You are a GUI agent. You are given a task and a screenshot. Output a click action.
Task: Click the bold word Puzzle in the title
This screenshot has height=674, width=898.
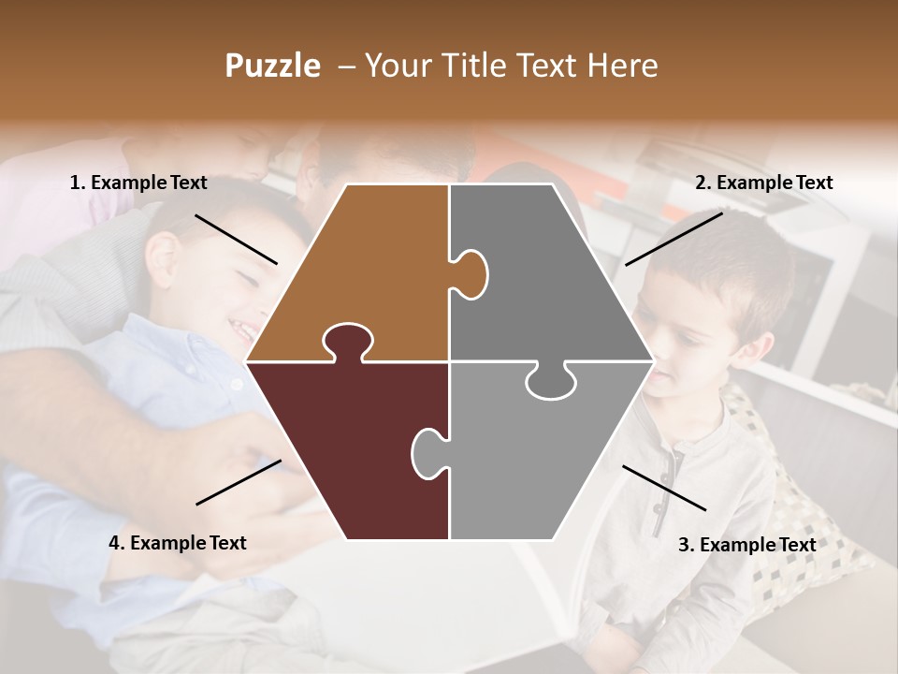[x=272, y=66]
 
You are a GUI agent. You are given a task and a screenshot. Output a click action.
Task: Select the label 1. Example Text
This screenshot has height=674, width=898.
[x=138, y=183]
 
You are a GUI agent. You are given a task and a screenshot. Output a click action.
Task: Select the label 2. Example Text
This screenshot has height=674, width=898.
[x=763, y=183]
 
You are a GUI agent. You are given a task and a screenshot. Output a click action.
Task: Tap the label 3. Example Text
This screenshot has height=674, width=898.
[x=746, y=545]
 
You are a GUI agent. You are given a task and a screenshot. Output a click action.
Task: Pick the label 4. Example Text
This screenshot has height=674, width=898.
[x=178, y=543]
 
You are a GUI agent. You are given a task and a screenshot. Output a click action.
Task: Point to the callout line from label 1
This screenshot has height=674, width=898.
[x=236, y=239]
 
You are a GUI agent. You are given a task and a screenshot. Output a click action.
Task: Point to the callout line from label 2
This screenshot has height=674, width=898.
[x=673, y=239]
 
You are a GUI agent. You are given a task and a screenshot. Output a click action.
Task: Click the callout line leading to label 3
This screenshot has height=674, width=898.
[x=664, y=488]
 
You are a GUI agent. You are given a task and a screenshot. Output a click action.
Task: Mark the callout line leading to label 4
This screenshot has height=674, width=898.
[x=239, y=482]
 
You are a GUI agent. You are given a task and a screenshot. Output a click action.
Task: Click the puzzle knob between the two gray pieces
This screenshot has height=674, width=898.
[x=550, y=382]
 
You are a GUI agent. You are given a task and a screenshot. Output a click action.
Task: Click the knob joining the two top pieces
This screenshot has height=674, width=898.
[x=471, y=273]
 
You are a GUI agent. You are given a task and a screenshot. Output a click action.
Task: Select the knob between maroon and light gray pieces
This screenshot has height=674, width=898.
[x=427, y=452]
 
